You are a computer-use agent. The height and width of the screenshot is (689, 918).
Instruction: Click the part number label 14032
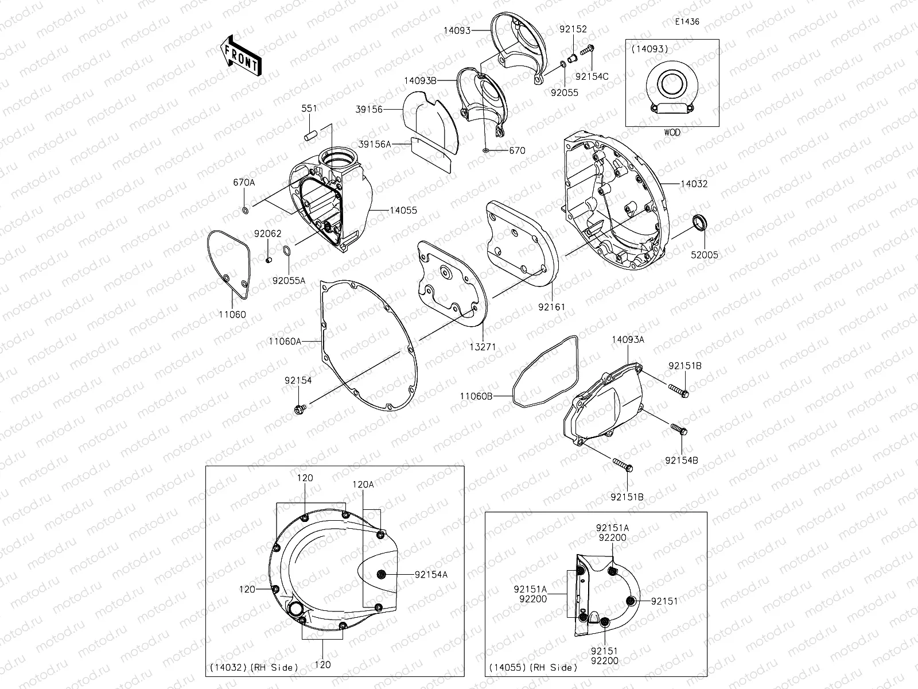[x=694, y=184]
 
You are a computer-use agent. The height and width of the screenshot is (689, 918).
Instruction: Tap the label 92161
[x=551, y=307]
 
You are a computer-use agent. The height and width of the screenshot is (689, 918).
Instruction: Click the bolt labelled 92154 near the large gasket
[x=298, y=408]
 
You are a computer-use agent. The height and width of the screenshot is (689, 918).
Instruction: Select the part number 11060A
[x=285, y=341]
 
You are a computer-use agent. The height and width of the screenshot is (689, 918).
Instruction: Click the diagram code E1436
[x=687, y=22]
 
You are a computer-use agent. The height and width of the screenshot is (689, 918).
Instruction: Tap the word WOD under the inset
[x=672, y=132]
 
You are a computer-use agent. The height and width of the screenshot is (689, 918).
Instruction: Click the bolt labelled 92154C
[x=586, y=51]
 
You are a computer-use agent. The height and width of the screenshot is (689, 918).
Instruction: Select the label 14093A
[x=627, y=339]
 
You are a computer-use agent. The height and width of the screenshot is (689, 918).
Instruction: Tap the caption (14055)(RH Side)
[x=532, y=667]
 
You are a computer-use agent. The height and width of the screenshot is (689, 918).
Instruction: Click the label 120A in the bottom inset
[x=363, y=485]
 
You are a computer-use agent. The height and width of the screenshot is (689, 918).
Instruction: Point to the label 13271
[x=484, y=347]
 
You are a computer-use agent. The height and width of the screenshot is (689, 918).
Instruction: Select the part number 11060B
[x=476, y=396]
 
